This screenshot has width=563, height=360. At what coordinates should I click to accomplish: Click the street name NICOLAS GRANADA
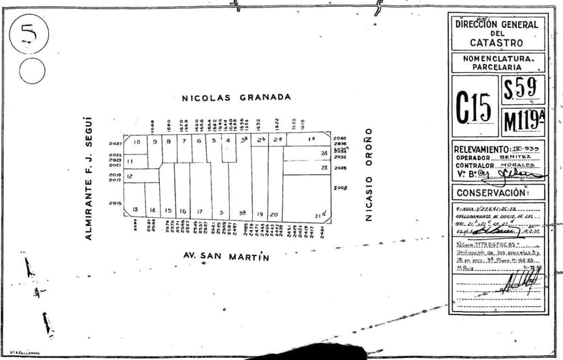[x=236, y=97]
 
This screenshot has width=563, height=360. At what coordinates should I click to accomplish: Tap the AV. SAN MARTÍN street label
[x=227, y=257]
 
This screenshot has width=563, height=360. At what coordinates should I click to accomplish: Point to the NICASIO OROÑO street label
[x=369, y=174]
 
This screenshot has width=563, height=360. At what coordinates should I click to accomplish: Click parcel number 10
[x=137, y=142]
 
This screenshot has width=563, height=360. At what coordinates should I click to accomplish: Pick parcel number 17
[x=199, y=212]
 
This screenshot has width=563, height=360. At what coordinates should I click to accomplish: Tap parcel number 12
[x=129, y=176]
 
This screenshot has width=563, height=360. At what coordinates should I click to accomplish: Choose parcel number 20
[x=274, y=214]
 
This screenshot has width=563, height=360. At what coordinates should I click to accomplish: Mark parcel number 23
[x=324, y=167]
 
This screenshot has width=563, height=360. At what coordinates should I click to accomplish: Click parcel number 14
[x=152, y=210]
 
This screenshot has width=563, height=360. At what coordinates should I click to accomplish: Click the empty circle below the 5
[x=31, y=71]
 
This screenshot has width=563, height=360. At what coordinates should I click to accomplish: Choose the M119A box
[x=523, y=121]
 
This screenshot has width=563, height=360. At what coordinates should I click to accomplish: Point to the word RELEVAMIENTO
[x=481, y=149]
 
